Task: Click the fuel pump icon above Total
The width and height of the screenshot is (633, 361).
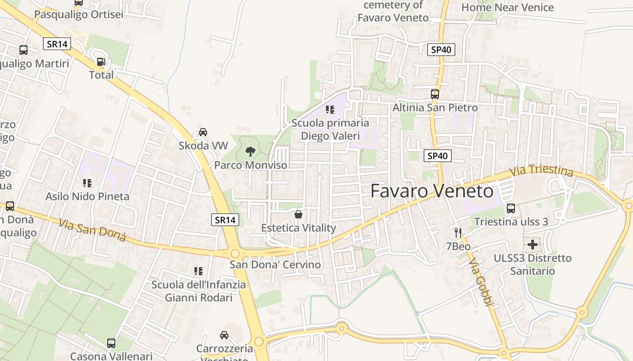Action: click(x=101, y=62)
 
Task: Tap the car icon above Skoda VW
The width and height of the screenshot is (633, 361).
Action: click(x=203, y=132)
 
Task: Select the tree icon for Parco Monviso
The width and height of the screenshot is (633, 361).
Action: click(x=250, y=152)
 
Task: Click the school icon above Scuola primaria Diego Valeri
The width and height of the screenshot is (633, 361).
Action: click(x=330, y=110)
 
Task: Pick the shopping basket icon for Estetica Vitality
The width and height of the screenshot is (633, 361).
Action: click(x=298, y=214)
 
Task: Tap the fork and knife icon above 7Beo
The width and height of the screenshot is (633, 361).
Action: click(x=458, y=233)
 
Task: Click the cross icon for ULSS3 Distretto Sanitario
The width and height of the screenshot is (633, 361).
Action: click(x=533, y=245)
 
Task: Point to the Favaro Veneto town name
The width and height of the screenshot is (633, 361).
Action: click(x=432, y=191)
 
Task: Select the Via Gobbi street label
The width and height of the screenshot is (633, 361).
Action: click(x=480, y=282)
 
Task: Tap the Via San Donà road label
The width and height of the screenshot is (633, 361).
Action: click(x=92, y=230)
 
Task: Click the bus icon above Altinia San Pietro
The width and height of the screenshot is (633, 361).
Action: click(x=435, y=94)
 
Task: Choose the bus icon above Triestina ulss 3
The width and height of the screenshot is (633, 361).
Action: click(x=511, y=208)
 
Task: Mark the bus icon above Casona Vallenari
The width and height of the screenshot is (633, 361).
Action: click(x=111, y=343)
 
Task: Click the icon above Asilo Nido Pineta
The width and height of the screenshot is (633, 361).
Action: click(x=87, y=183)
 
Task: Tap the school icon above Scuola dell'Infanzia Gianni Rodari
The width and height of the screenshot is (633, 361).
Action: click(x=198, y=271)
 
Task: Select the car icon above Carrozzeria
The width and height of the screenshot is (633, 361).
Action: click(x=224, y=335)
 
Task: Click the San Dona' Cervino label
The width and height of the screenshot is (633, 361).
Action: click(x=275, y=264)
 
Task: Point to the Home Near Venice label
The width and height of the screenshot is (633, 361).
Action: click(x=507, y=7)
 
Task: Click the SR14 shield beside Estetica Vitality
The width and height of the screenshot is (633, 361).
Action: click(x=225, y=220)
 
